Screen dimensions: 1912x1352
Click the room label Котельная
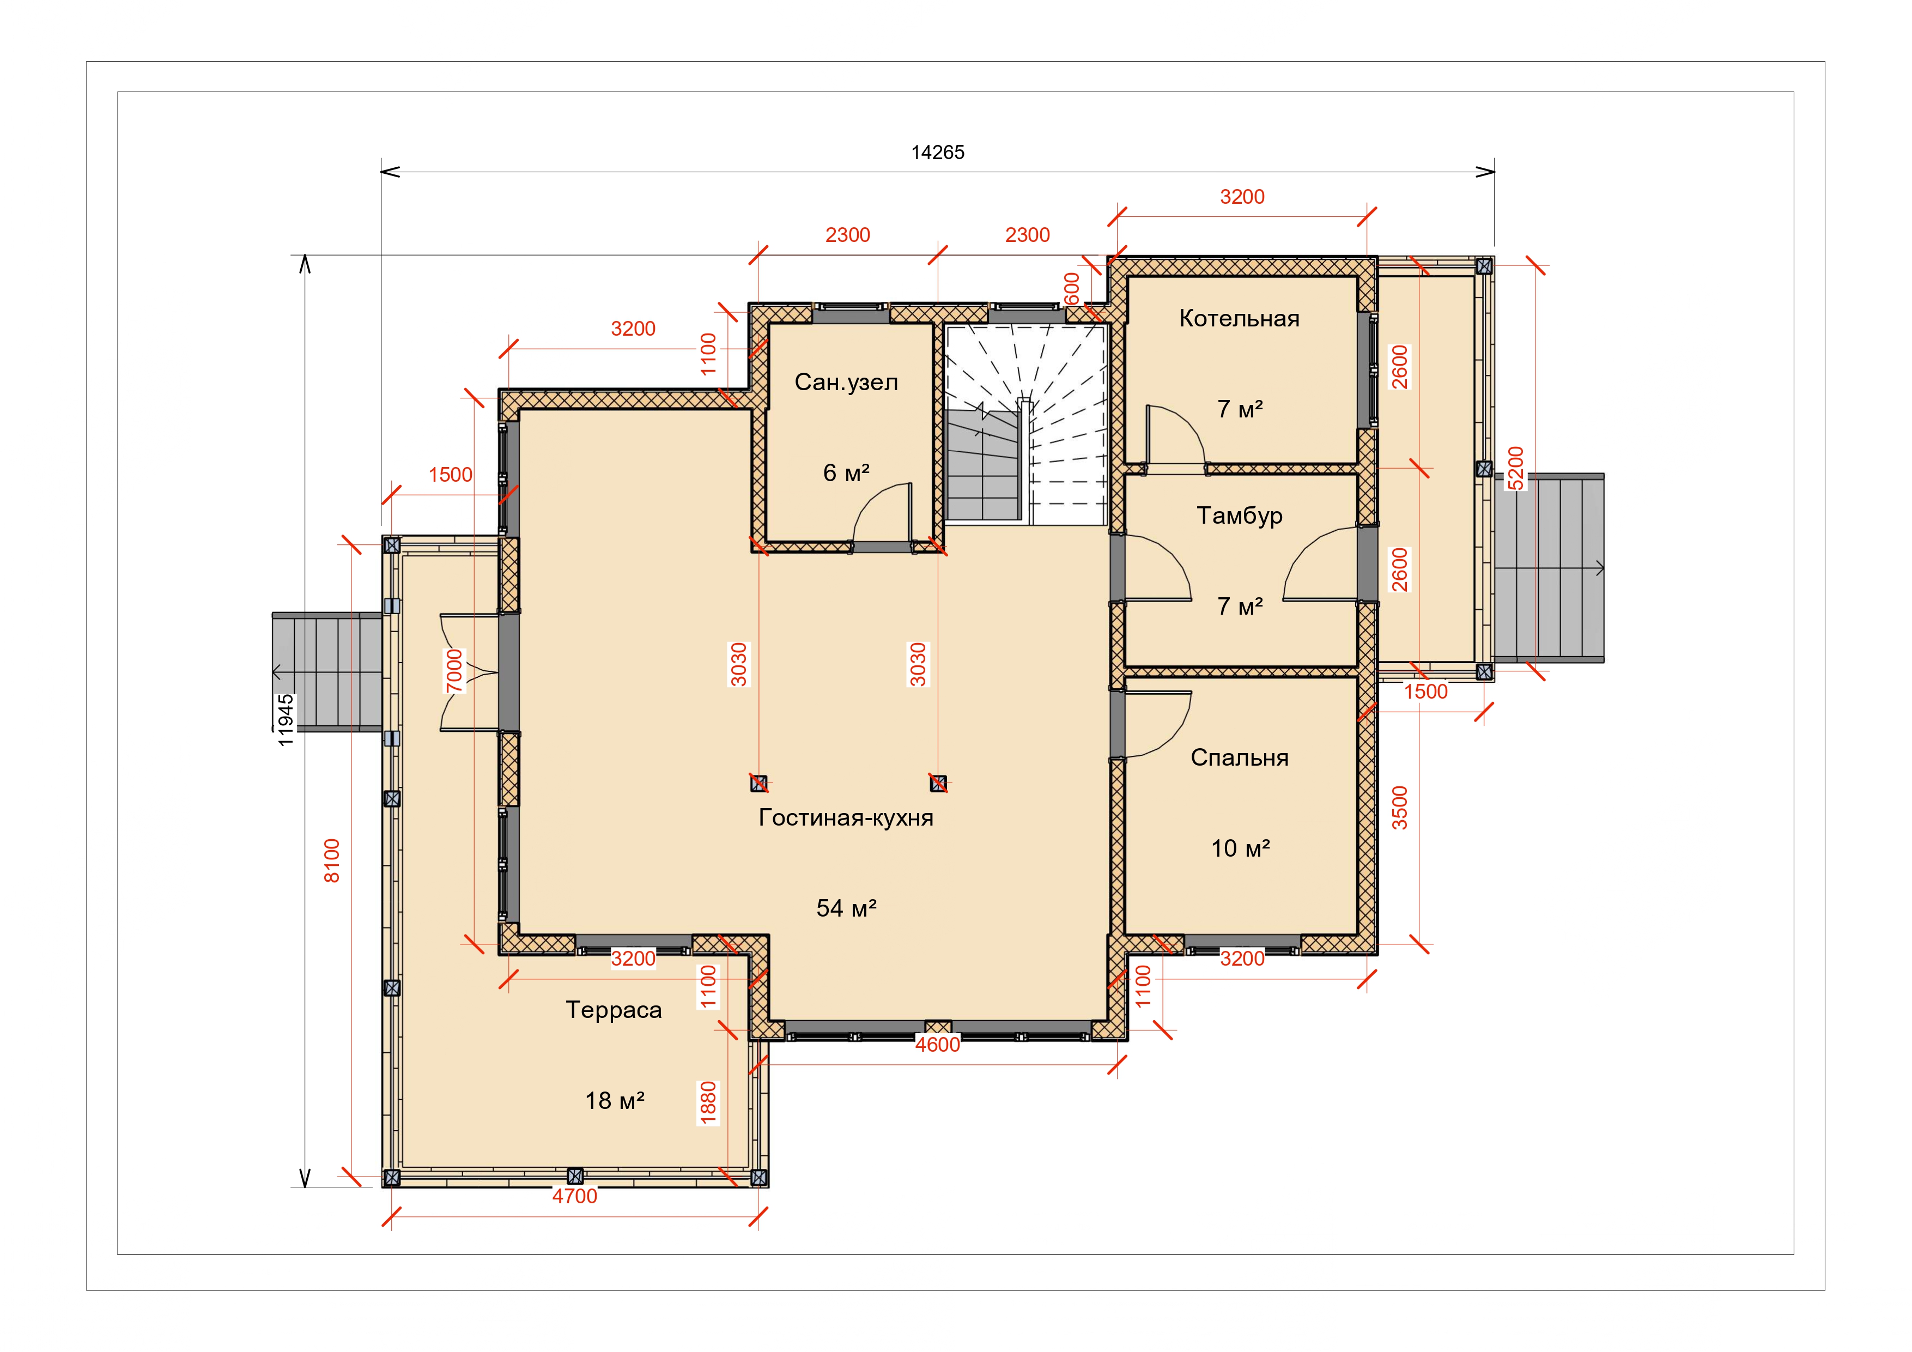(1239, 318)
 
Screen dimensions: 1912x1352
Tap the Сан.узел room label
(846, 383)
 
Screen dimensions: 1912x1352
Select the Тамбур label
(1239, 516)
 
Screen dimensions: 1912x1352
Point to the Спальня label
(1239, 757)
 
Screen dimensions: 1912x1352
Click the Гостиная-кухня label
(846, 817)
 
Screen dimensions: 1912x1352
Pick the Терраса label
(614, 1010)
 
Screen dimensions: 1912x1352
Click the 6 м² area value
(846, 473)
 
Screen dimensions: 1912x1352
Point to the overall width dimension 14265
(938, 153)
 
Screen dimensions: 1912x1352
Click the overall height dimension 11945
(286, 720)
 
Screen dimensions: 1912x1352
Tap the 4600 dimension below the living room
(938, 1045)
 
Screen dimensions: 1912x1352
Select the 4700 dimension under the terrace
(575, 1196)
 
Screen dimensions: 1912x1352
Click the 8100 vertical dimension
(331, 860)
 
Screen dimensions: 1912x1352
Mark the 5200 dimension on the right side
(1516, 469)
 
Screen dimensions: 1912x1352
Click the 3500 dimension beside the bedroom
(1400, 808)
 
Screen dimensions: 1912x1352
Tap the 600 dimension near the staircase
(1072, 289)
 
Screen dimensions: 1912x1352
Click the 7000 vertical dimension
(454, 671)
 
